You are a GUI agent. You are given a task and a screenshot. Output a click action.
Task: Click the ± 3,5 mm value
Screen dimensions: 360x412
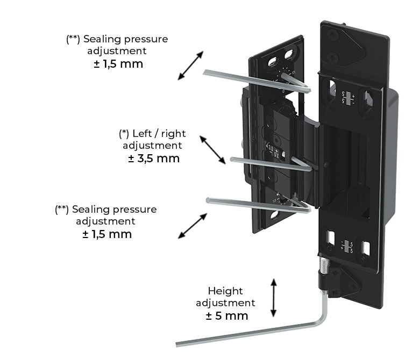pyautogui.click(x=154, y=159)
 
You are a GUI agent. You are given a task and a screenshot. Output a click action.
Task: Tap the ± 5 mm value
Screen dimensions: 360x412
pyautogui.click(x=227, y=315)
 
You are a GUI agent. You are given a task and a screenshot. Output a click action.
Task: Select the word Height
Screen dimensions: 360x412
pyautogui.click(x=225, y=291)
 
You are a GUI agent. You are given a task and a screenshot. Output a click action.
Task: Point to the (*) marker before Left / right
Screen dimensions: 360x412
pyautogui.click(x=124, y=133)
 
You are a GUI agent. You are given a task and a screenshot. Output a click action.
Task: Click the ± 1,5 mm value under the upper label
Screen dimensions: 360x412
pyautogui.click(x=118, y=64)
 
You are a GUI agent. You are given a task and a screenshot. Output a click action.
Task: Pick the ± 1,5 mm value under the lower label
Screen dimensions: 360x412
pyautogui.click(x=107, y=234)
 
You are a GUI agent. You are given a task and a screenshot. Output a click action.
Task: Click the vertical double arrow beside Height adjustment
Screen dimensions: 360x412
pyautogui.click(x=274, y=298)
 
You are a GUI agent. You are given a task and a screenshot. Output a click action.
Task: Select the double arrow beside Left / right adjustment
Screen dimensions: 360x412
pyautogui.click(x=212, y=149)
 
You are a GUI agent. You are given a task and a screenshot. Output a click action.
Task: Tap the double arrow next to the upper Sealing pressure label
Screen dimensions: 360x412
pyautogui.click(x=190, y=66)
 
